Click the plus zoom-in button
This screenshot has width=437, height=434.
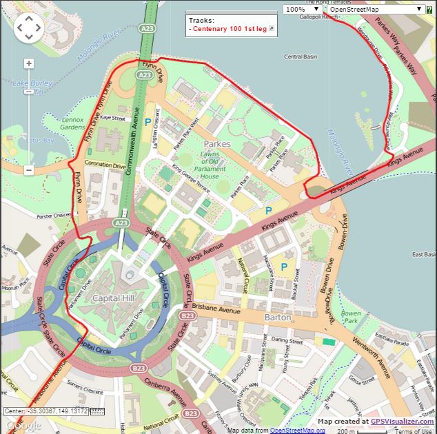point(28,63)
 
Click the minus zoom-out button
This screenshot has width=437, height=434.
point(28,169)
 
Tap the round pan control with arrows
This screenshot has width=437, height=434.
point(28,28)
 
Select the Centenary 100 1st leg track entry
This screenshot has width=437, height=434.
point(230,29)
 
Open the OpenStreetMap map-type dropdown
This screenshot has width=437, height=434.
point(375,9)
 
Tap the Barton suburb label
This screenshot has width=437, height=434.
point(278,317)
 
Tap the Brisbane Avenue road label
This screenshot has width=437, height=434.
point(216,310)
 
